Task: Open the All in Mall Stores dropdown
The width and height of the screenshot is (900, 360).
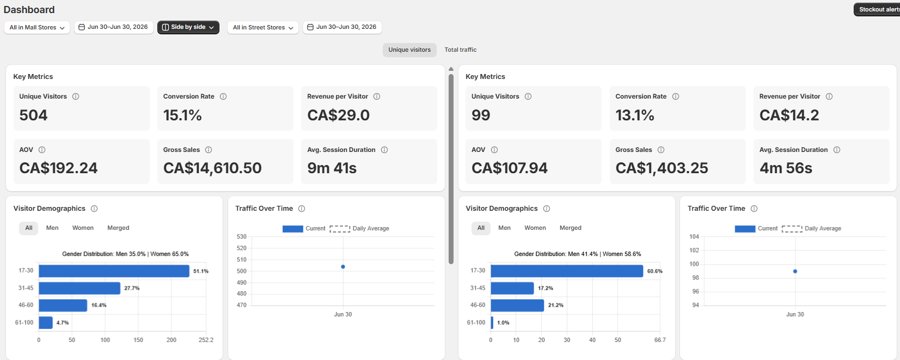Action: pos(37,27)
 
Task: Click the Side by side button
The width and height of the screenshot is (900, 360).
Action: pos(188,27)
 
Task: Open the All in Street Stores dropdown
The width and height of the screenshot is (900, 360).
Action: pos(263,27)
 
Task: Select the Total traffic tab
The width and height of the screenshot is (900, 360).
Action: pos(461,50)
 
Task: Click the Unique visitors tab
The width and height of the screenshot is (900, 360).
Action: pos(409,50)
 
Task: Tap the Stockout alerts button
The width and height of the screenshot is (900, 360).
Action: pos(877,9)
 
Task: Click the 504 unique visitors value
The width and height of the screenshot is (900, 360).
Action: pos(33,115)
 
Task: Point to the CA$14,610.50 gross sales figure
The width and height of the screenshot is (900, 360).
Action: pos(212,168)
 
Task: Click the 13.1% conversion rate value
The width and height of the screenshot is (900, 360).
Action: pos(635,115)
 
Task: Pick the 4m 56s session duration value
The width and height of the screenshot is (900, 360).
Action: pos(786,168)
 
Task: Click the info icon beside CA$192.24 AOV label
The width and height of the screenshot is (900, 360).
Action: pos(42,150)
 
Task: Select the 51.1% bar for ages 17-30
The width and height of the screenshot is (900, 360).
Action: pos(114,271)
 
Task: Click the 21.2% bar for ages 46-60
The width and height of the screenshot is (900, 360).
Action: pos(517,306)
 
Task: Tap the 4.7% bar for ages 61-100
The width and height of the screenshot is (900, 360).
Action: pos(46,322)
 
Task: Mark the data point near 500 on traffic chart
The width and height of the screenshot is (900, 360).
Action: pos(342,267)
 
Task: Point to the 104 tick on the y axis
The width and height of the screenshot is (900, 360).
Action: pos(694,237)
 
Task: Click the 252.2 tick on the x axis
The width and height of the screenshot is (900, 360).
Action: pos(206,340)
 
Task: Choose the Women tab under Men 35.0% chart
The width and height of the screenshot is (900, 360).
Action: pos(83,228)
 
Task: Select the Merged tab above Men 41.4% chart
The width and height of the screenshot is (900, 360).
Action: pos(570,228)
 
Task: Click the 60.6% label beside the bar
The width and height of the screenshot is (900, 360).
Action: pos(654,271)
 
